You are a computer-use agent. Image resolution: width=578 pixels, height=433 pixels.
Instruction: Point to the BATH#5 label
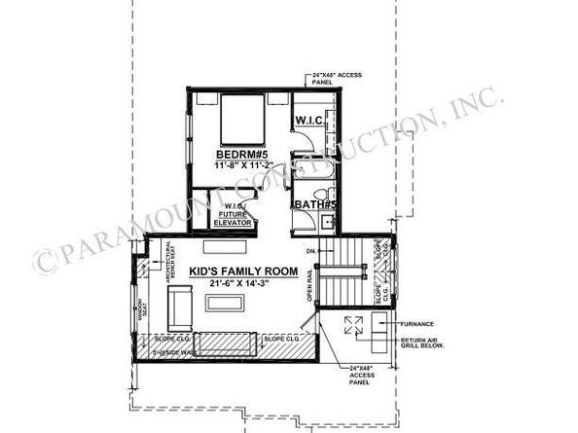313,205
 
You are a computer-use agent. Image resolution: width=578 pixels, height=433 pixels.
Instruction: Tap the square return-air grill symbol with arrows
353,322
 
